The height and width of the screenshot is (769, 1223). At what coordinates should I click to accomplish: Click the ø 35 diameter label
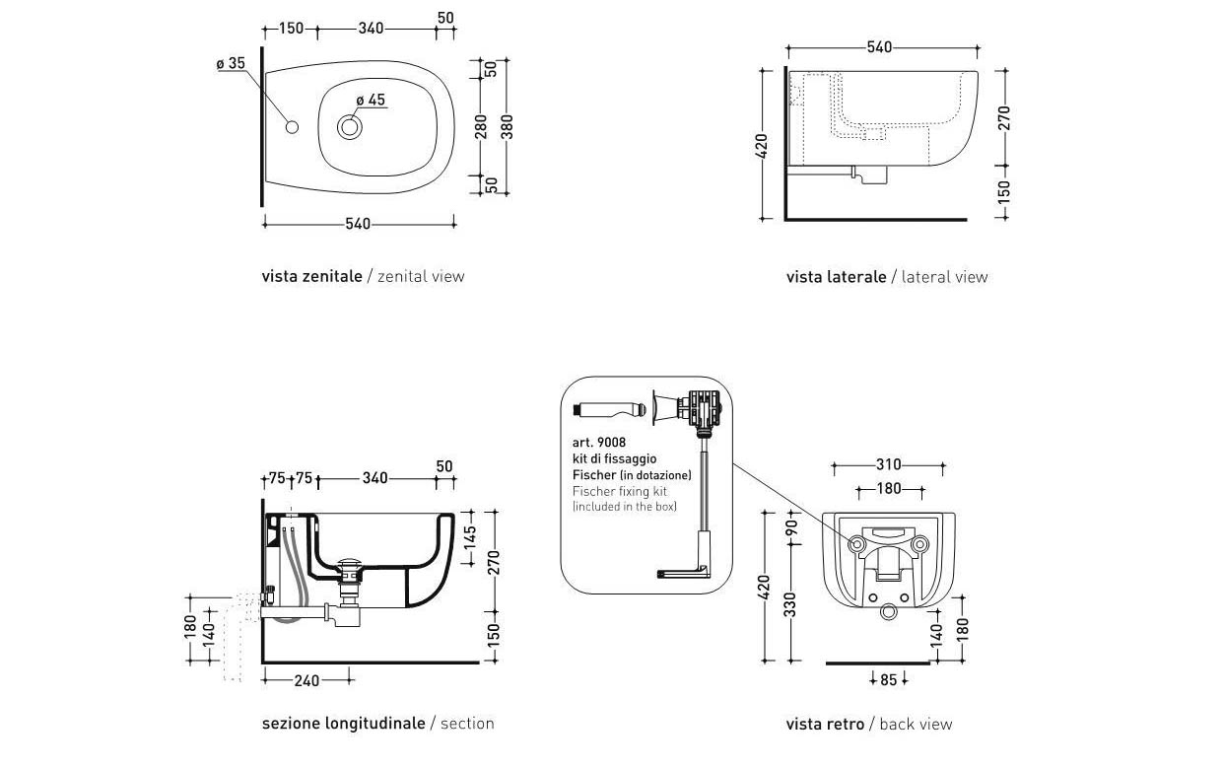[231, 63]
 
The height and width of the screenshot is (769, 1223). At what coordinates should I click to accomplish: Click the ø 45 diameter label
[371, 100]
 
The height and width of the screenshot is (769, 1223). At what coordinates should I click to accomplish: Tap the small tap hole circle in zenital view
[291, 127]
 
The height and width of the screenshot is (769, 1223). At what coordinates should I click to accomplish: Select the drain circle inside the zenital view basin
[350, 127]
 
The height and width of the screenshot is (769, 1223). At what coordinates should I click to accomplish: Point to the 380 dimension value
[509, 126]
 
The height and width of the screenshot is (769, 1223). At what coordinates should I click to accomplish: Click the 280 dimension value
[482, 126]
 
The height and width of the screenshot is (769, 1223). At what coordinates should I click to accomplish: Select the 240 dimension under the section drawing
[307, 679]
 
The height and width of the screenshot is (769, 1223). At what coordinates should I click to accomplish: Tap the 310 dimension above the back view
[888, 464]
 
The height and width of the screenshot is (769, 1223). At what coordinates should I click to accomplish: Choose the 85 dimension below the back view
[889, 679]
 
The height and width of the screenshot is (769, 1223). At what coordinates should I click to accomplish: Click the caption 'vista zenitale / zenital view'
[363, 276]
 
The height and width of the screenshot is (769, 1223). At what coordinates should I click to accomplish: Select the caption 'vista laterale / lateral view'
[886, 277]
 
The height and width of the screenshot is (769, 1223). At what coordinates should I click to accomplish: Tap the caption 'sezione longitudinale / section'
[377, 724]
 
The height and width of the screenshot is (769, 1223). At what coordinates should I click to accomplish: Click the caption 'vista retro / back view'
[868, 725]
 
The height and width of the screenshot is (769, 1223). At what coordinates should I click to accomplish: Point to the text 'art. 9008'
[599, 443]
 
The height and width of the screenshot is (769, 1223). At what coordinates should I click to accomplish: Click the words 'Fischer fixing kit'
[619, 490]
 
